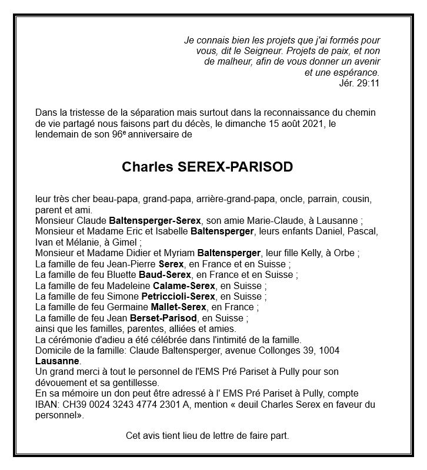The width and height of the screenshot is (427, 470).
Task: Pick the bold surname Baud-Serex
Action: (x=165, y=275)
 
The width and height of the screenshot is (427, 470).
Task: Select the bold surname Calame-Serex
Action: (x=179, y=286)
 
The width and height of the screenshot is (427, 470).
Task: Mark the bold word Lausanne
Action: (x=57, y=361)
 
